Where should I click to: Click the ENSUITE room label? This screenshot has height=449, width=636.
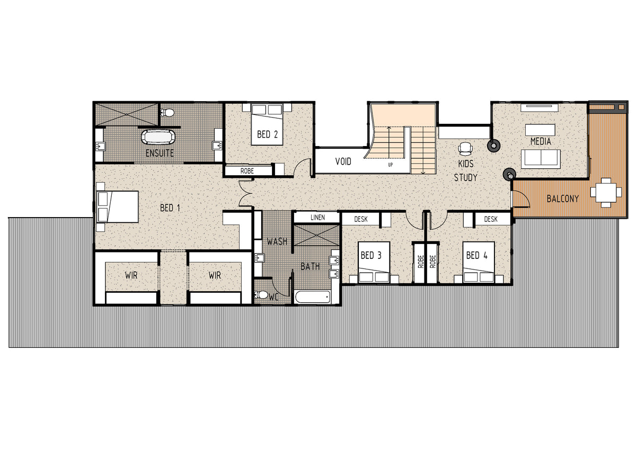[x=160, y=153]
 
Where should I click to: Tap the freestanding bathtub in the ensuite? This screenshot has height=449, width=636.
[x=158, y=137]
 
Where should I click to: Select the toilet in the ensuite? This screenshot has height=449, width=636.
[x=167, y=113]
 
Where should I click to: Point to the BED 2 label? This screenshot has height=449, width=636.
[x=267, y=134]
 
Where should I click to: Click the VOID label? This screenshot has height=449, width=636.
[x=343, y=161]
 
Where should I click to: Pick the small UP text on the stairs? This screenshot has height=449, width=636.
[x=391, y=165]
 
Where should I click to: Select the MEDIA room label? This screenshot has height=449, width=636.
[x=541, y=141]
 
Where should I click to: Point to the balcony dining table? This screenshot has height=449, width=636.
[x=606, y=193]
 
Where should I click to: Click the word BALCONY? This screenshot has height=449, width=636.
[x=563, y=199]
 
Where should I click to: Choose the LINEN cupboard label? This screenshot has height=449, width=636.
[x=317, y=218]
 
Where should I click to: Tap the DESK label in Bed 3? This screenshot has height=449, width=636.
[x=361, y=219]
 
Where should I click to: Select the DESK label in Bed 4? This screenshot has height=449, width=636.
[x=491, y=219]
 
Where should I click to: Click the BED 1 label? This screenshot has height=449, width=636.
[x=170, y=208]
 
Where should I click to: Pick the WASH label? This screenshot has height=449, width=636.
[x=277, y=241]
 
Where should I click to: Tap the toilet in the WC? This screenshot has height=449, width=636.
[x=261, y=295]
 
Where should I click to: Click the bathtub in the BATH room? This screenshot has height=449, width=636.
[x=313, y=297]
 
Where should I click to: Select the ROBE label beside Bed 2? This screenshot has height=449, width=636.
[x=247, y=171]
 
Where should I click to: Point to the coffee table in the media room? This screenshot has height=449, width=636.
[x=540, y=130]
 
